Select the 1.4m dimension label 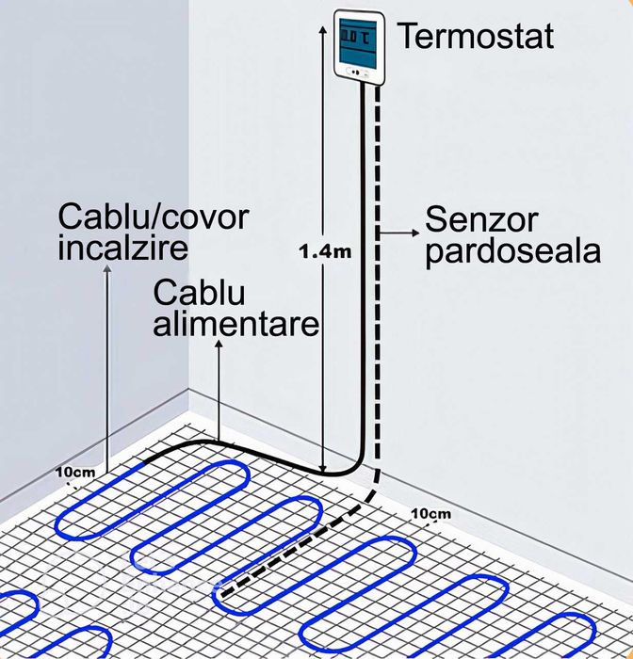324,251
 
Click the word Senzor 481,220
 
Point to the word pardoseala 512,251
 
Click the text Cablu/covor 154,218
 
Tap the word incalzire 122,249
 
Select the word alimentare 236,325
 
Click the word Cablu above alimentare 200,294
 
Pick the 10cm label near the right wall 430,513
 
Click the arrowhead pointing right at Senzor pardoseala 415,230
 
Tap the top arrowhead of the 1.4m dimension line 324,24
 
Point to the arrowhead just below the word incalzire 106,274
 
